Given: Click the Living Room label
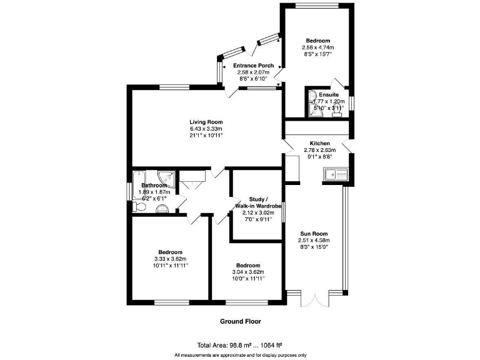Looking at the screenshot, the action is coord(206,122).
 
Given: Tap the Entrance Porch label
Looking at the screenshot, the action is coord(252,66).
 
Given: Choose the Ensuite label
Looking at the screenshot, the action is coord(328,94).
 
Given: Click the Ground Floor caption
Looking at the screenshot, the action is coord(240,322).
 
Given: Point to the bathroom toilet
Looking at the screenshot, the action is coord(141,208).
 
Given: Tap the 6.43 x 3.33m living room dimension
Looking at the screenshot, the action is coord(206,129).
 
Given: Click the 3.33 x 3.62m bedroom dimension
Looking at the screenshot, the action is coord(170,259).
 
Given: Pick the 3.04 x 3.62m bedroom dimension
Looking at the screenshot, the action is coord(248,272).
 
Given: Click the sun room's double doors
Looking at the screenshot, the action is coord(314,299).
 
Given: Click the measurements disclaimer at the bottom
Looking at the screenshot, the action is coord(240,354).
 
